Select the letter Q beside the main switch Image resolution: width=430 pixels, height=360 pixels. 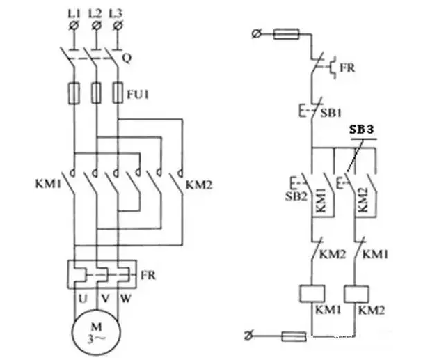(x=127, y=58)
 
